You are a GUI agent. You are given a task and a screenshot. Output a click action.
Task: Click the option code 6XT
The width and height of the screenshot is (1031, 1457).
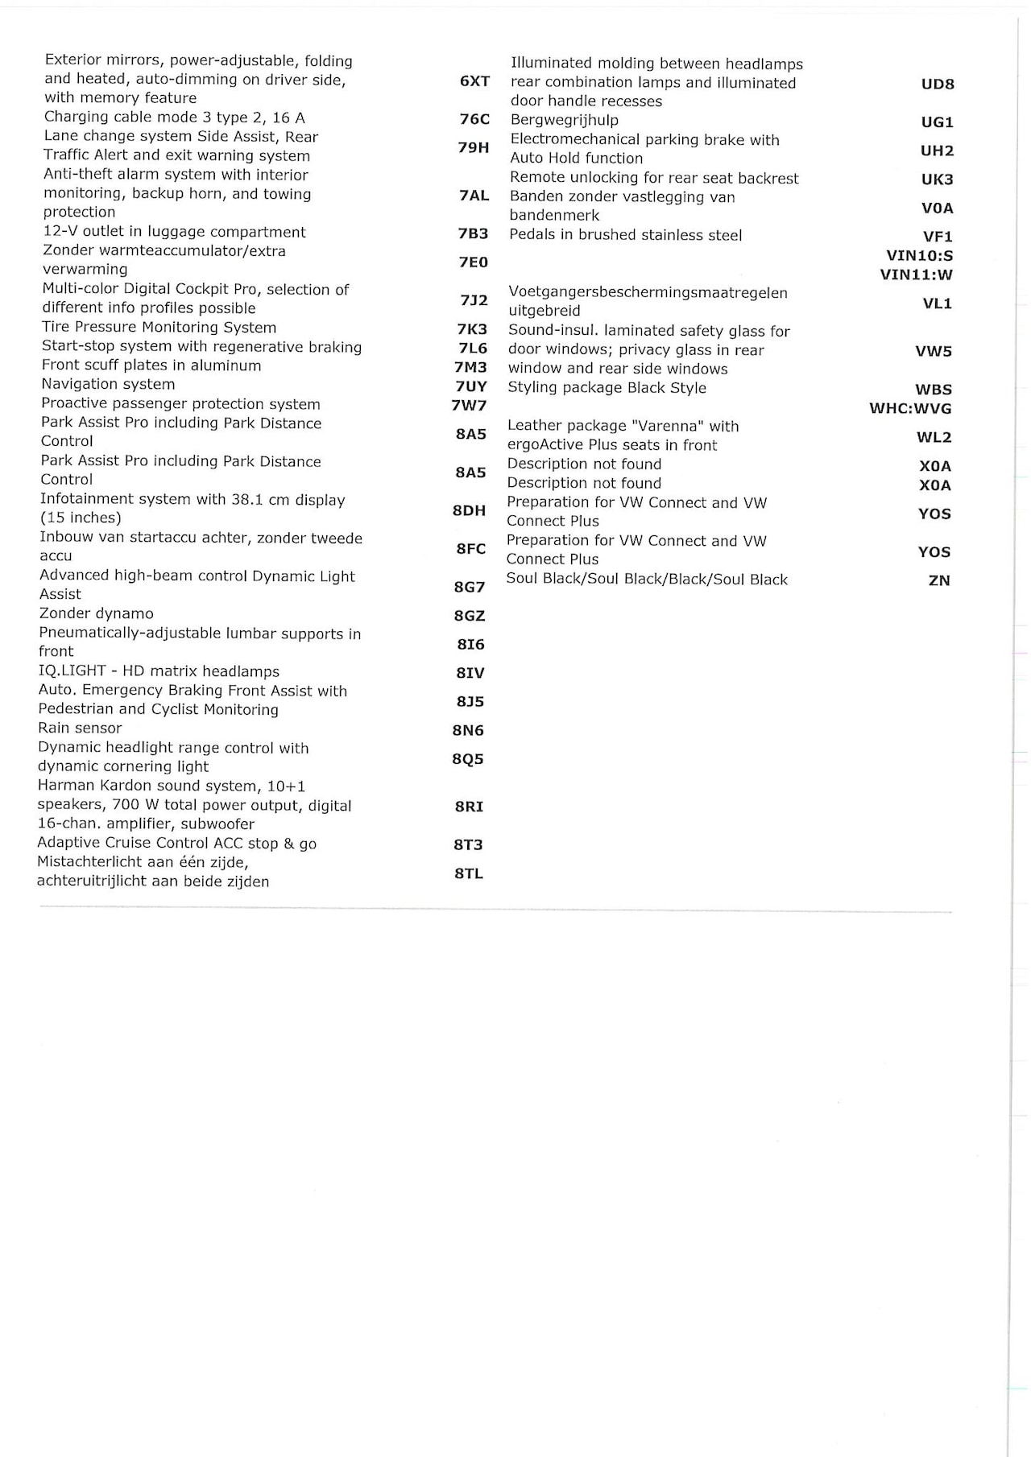tap(474, 80)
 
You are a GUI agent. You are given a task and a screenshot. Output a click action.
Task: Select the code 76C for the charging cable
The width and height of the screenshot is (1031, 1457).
tap(474, 119)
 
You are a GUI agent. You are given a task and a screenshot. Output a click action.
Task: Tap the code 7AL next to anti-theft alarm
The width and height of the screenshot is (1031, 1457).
tap(474, 196)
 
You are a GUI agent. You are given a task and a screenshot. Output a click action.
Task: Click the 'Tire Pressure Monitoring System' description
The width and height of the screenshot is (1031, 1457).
tap(159, 328)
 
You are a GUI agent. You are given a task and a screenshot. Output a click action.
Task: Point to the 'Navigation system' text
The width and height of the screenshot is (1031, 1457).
tap(108, 385)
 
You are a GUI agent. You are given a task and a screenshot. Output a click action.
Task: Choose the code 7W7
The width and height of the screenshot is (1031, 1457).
tap(469, 405)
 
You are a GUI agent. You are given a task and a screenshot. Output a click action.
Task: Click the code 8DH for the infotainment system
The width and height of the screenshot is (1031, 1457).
tap(470, 510)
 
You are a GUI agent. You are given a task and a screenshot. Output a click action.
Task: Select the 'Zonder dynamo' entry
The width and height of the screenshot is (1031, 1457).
tap(96, 613)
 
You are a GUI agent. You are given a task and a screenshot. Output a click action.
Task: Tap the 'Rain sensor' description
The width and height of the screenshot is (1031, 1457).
tap(80, 728)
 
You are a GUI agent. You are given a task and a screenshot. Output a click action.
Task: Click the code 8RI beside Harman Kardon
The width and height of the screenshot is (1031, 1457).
tap(469, 807)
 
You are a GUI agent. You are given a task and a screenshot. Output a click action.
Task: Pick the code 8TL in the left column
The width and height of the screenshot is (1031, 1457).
tap(469, 873)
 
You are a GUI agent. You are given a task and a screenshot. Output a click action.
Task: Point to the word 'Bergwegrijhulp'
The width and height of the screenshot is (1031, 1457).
tap(565, 121)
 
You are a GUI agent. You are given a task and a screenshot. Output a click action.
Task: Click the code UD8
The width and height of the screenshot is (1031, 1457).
tap(938, 84)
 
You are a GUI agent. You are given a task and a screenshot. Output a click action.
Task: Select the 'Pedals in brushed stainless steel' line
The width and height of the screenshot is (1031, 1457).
tap(626, 235)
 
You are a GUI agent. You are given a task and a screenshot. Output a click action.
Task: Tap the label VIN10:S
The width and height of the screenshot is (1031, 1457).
tap(920, 256)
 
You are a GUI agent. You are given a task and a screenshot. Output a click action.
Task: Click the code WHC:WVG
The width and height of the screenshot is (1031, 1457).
tap(910, 409)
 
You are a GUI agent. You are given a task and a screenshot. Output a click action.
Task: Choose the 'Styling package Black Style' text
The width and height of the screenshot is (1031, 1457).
tap(607, 388)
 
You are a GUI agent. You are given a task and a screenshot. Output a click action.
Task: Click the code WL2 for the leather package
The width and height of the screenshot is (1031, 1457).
tap(934, 438)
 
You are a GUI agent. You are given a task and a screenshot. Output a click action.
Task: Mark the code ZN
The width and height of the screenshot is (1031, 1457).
tap(939, 580)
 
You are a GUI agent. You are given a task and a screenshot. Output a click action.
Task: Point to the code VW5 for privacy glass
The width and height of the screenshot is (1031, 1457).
tap(934, 351)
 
